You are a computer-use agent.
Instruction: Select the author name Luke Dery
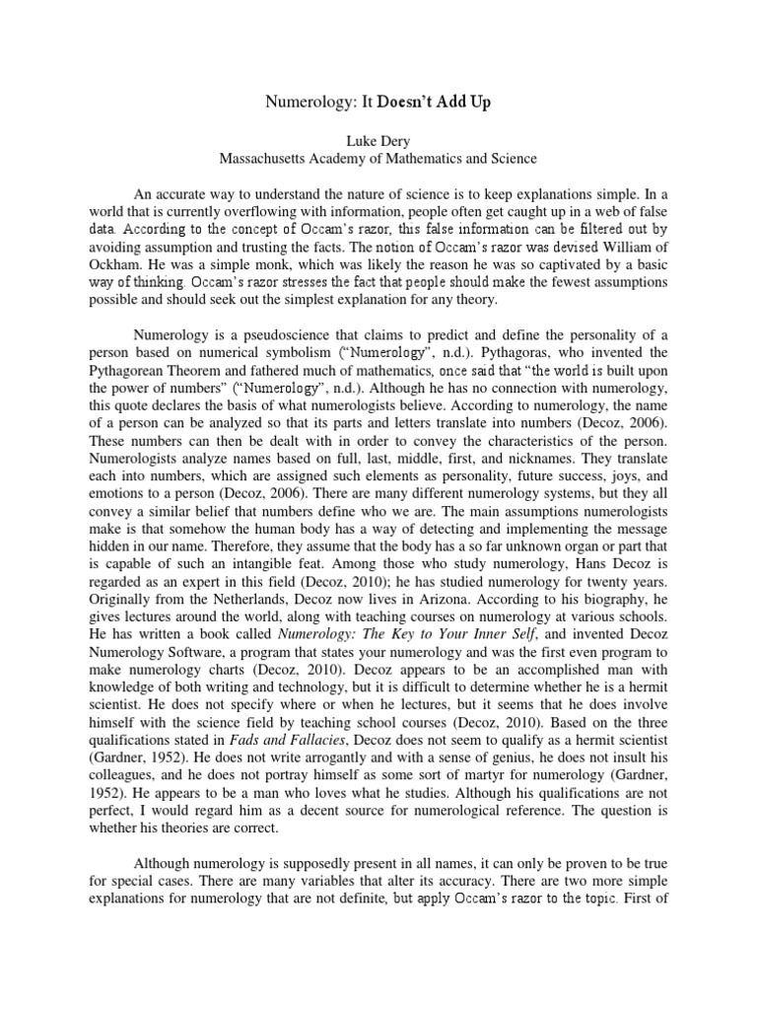pos(378,140)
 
